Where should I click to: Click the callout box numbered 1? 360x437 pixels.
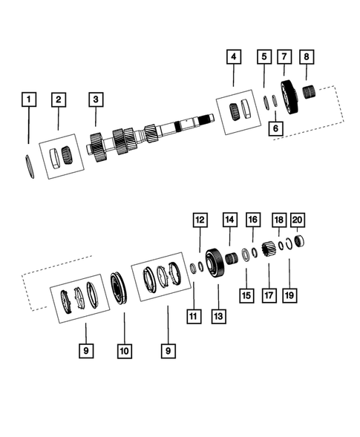point(28,98)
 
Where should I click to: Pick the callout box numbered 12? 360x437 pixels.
point(199,220)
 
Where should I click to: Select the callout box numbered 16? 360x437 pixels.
point(252,220)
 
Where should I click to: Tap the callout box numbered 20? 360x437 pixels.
point(298,220)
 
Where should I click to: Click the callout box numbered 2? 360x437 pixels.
point(58,98)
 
